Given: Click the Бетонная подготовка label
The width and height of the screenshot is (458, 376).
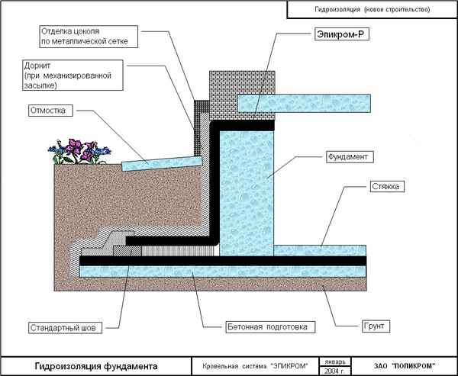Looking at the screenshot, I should coord(266,327).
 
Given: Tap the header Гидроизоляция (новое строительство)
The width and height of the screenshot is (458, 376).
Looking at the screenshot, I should coord(372,10).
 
